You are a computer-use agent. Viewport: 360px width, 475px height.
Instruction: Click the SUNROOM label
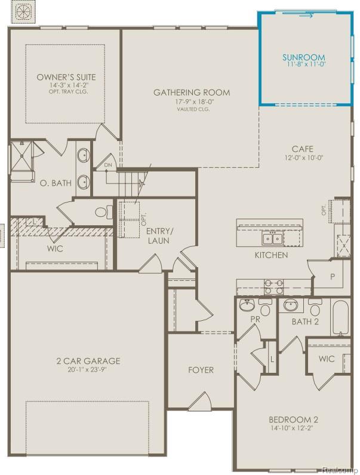(304, 57)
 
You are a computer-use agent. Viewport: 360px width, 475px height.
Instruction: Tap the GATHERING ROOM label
(192, 93)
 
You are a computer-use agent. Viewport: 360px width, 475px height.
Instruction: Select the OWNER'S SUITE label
(66, 77)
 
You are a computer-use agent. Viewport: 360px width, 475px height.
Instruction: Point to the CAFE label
(303, 149)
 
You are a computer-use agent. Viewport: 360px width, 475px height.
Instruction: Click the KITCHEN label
(270, 255)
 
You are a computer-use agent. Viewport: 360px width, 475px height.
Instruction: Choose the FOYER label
(201, 370)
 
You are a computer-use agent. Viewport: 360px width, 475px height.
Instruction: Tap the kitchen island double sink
(272, 239)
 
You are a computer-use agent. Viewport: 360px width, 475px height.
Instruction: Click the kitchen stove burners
(273, 287)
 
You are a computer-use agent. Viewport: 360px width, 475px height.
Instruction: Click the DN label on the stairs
(108, 164)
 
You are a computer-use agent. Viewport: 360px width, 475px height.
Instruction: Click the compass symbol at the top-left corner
(23, 11)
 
